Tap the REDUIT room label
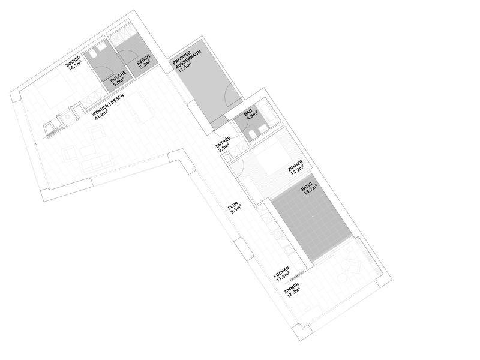(140, 62)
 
